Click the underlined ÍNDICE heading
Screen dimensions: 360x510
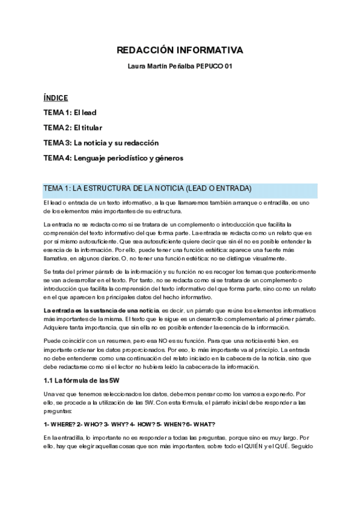point(56,97)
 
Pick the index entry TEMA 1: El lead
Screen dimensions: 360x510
point(70,112)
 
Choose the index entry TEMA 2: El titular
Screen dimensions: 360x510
point(73,127)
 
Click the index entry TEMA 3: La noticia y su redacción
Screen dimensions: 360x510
point(101,143)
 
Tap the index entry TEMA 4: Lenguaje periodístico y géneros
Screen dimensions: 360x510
point(113,158)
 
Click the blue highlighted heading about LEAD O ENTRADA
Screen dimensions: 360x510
point(147,188)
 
